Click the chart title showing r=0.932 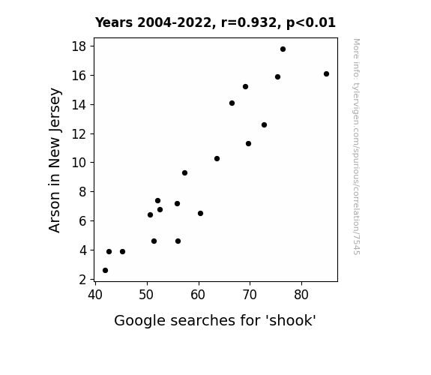pyautogui.click(x=215, y=22)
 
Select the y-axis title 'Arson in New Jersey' pyautogui.click(x=55, y=160)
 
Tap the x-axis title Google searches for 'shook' pyautogui.click(x=215, y=320)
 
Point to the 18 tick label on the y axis pyautogui.click(x=79, y=46)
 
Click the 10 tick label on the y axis pyautogui.click(x=79, y=163)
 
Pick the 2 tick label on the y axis pyautogui.click(x=82, y=280)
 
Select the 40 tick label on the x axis pyautogui.click(x=95, y=295)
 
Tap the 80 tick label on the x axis pyautogui.click(x=301, y=295)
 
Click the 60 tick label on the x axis pyautogui.click(x=198, y=295)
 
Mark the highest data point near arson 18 pyautogui.click(x=283, y=49)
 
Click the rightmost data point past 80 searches pyautogui.click(x=326, y=73)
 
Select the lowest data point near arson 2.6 pyautogui.click(x=105, y=271)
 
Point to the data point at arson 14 pyautogui.click(x=232, y=103)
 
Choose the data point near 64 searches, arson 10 pyautogui.click(x=217, y=159)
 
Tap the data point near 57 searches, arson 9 pyautogui.click(x=184, y=172)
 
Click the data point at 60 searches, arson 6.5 pyautogui.click(x=200, y=214)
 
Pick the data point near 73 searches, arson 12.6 pyautogui.click(x=264, y=125)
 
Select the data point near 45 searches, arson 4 pyautogui.click(x=123, y=252)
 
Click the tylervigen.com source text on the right pyautogui.click(x=356, y=147)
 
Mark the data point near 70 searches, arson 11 pyautogui.click(x=249, y=143)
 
